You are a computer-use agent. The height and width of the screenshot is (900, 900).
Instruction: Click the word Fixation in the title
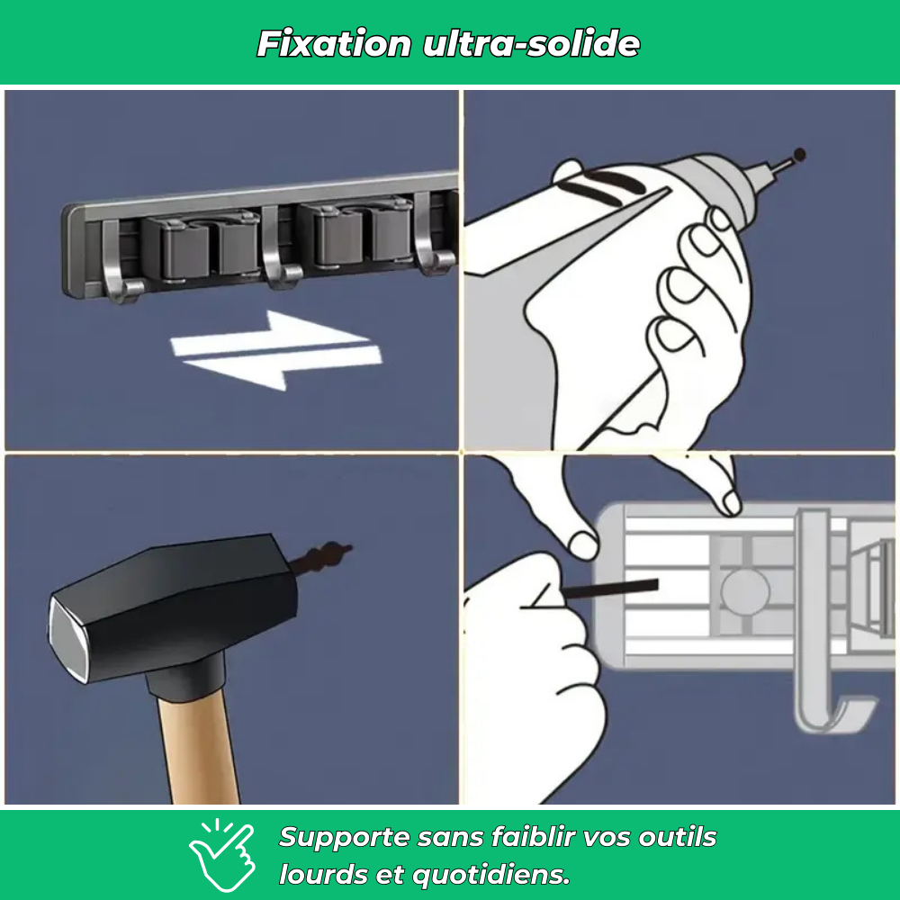pyautogui.click(x=334, y=43)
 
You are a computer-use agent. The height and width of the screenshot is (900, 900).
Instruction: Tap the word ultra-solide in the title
pyautogui.click(x=532, y=43)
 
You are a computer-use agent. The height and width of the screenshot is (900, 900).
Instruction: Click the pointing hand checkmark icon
pyautogui.click(x=221, y=855)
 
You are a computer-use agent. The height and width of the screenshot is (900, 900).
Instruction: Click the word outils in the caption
pyautogui.click(x=678, y=837)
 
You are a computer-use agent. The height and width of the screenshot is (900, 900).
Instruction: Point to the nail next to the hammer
pyautogui.click(x=320, y=557)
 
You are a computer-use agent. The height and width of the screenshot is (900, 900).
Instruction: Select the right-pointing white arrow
pyautogui.click(x=270, y=332)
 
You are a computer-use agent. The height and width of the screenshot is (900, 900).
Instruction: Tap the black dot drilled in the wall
pyautogui.click(x=799, y=155)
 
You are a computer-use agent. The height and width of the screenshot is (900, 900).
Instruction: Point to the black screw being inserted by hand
pyautogui.click(x=609, y=589)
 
